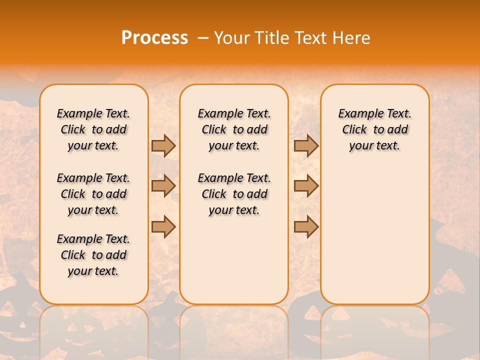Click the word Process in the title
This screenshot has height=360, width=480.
click(154, 38)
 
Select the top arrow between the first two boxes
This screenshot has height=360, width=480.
click(163, 146)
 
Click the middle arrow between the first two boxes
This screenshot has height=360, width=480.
click(163, 186)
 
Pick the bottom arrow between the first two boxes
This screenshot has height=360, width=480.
click(163, 226)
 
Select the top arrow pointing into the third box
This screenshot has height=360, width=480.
click(306, 146)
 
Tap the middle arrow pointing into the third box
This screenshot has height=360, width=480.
click(306, 186)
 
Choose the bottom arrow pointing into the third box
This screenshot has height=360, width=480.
click(306, 226)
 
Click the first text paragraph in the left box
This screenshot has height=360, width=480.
click(93, 129)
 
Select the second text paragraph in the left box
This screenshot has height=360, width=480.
click(93, 194)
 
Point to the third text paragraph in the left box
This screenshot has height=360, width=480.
click(93, 255)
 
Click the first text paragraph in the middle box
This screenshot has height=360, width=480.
click(234, 129)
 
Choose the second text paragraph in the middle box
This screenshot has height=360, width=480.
click(234, 194)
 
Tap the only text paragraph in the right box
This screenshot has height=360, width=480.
click(374, 129)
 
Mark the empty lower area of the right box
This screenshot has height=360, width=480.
click(374, 230)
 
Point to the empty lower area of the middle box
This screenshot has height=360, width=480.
click(234, 260)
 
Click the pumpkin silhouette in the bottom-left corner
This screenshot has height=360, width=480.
click(20, 300)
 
